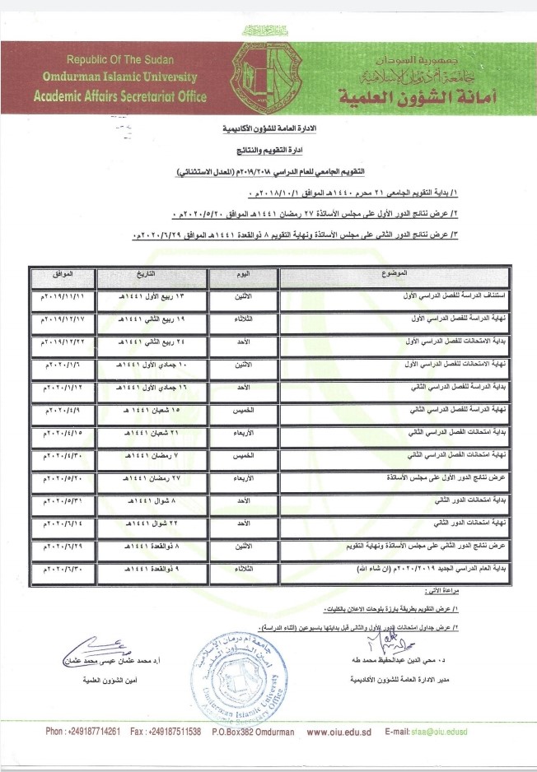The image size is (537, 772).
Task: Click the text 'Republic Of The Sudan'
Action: click(133, 60)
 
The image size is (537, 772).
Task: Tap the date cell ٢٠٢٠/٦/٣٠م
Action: click(58, 568)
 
